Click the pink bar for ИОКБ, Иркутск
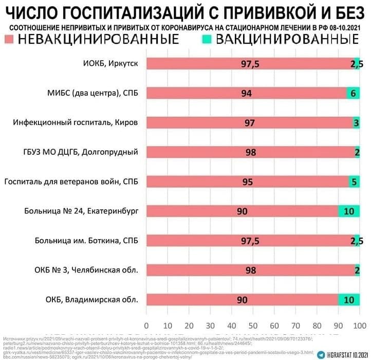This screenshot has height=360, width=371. tap(206, 63)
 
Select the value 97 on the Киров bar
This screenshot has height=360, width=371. tap(250, 123)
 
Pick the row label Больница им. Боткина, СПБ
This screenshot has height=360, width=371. tap(87, 241)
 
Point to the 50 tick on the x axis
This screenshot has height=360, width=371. tap(253, 325)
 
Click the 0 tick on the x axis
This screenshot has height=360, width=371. tap(147, 325)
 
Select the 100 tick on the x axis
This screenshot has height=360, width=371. tap(359, 325)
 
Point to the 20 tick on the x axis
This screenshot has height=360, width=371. tap(190, 325)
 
